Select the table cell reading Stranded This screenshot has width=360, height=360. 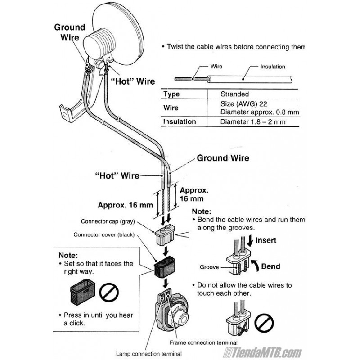(234, 94)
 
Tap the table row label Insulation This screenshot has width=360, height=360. (180, 121)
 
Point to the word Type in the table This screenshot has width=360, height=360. (171, 94)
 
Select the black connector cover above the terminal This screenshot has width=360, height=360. (164, 269)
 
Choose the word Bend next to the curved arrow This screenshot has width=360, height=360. (270, 266)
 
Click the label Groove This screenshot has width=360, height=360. (209, 267)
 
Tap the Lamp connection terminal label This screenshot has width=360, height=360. (149, 353)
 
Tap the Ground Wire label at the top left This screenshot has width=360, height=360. (69, 32)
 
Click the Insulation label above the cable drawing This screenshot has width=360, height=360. (272, 67)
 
